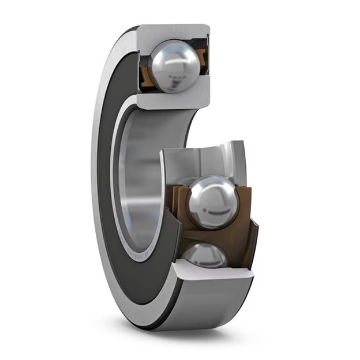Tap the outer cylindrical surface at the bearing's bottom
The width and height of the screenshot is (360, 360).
pos(214,305)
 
